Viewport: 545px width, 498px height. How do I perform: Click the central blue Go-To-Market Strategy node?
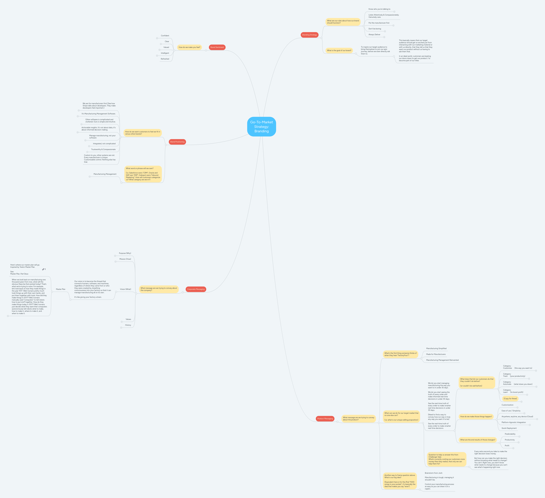261,127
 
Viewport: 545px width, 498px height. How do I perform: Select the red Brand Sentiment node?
217,47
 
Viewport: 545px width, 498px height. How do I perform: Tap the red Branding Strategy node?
310,35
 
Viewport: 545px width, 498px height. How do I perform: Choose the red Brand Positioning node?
177,142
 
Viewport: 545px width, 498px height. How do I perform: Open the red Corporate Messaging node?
196,289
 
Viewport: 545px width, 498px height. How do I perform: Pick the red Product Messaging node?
325,418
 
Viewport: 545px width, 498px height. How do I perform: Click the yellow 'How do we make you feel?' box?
189,47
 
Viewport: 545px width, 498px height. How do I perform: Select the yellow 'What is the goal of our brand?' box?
339,51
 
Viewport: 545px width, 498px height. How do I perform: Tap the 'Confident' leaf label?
165,36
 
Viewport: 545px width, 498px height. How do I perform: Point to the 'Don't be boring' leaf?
375,29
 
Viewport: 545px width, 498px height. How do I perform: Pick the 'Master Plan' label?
61,289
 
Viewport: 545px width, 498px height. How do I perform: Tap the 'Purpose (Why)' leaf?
125,253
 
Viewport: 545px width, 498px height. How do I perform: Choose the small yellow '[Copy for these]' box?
510,398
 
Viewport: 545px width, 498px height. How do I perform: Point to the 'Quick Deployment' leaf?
509,428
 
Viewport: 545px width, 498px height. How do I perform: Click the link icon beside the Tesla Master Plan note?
43,269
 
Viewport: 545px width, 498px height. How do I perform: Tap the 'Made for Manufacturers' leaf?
436,354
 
